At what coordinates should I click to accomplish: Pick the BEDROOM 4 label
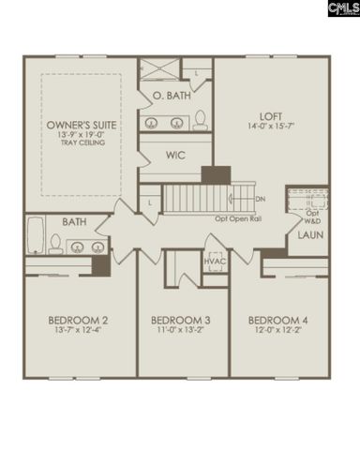(280, 320)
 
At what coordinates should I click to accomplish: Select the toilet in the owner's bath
(199, 120)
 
